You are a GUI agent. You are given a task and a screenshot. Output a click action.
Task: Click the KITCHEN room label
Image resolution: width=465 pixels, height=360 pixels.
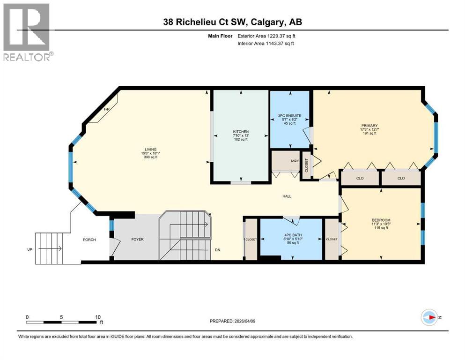241,132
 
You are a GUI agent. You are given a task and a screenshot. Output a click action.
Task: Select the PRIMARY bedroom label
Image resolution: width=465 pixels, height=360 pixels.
369,126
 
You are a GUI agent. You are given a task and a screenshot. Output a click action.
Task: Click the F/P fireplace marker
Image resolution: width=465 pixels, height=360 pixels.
106,110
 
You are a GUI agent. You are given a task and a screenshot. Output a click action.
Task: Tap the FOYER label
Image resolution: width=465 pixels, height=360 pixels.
137,240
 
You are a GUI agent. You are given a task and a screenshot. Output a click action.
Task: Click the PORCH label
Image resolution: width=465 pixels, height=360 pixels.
89,240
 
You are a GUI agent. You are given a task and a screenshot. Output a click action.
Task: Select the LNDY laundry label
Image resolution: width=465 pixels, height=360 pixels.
295,161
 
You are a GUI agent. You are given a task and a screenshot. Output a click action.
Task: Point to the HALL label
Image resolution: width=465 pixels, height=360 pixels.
287,196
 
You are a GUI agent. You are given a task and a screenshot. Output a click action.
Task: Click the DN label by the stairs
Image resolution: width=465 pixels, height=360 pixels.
217,250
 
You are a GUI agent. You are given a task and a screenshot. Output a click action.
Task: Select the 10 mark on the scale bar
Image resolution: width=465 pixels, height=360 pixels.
98,317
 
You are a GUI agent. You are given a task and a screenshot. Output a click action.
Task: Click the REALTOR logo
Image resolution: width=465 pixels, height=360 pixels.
27,32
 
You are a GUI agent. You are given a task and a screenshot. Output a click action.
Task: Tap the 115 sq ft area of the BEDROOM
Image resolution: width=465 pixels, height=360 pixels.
381,228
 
